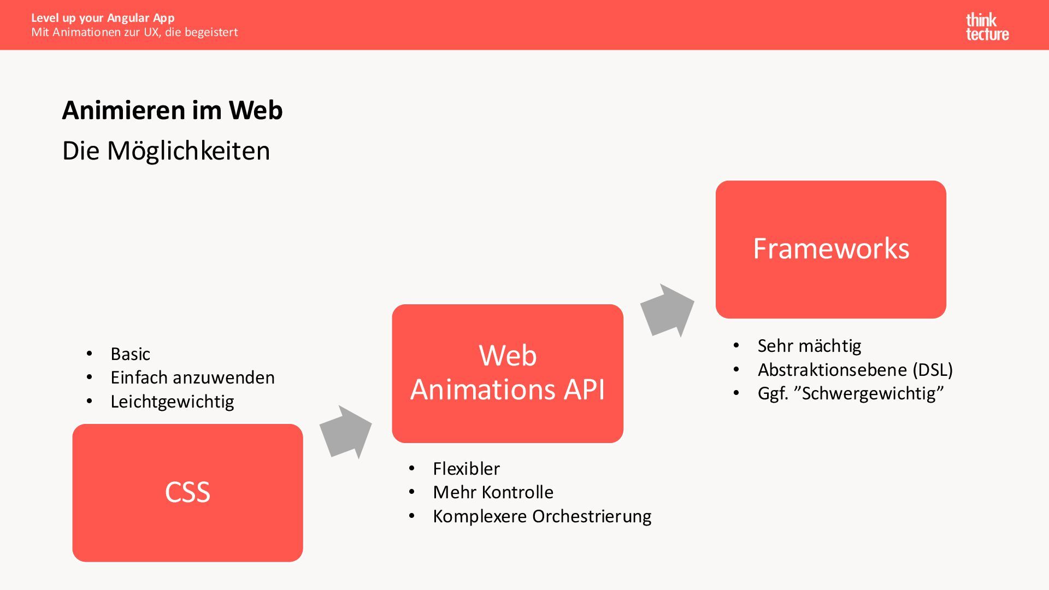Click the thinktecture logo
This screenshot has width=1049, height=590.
click(x=987, y=27)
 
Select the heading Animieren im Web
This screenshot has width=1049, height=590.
click(x=172, y=110)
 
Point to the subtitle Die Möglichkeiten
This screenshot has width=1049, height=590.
click(x=166, y=151)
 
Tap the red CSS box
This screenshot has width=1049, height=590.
click(x=187, y=492)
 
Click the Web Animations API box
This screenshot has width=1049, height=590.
click(x=508, y=373)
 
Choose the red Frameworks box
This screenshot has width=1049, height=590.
click(x=830, y=249)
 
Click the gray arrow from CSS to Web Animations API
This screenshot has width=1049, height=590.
click(x=346, y=432)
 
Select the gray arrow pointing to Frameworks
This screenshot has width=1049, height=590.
click(x=667, y=310)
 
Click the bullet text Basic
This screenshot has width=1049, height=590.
click(x=130, y=354)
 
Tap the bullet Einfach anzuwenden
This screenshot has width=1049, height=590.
click(x=192, y=377)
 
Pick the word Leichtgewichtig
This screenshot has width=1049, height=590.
click(x=172, y=402)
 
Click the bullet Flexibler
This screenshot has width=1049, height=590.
click(x=466, y=469)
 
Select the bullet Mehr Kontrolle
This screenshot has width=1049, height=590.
click(x=493, y=492)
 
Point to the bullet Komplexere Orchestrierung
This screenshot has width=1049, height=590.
click(x=542, y=516)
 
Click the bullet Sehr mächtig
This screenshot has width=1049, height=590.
click(x=809, y=346)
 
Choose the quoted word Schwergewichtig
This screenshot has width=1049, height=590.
click(x=873, y=393)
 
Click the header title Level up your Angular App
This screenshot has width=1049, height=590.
click(x=103, y=18)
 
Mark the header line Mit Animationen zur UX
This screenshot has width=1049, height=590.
click(x=134, y=32)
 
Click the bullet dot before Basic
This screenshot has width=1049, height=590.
click(x=89, y=354)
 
